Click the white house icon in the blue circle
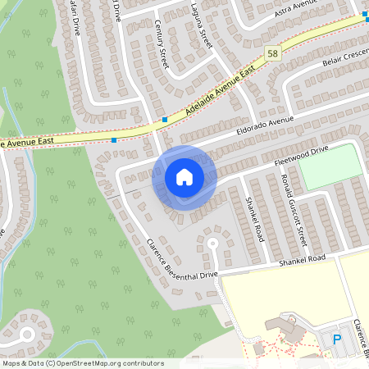tap(184, 176)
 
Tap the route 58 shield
tap(273, 54)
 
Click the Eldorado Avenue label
tap(265, 125)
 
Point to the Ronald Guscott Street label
tap(293, 215)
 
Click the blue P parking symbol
tap(336, 339)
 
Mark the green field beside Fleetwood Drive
tap(329, 166)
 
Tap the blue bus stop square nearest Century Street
tap(165, 120)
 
